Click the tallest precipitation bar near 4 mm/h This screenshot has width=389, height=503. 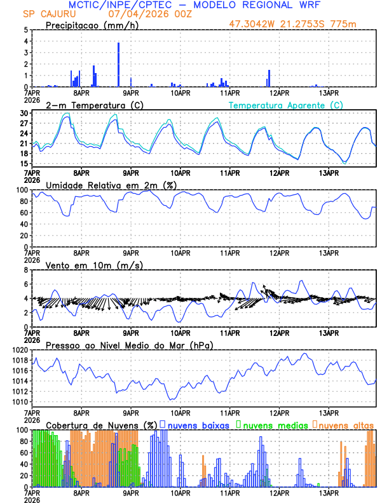click(118, 64)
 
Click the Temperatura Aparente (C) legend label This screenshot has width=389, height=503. click(285, 105)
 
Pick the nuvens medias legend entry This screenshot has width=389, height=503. click(272, 424)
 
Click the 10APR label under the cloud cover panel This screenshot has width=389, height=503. click(181, 492)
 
